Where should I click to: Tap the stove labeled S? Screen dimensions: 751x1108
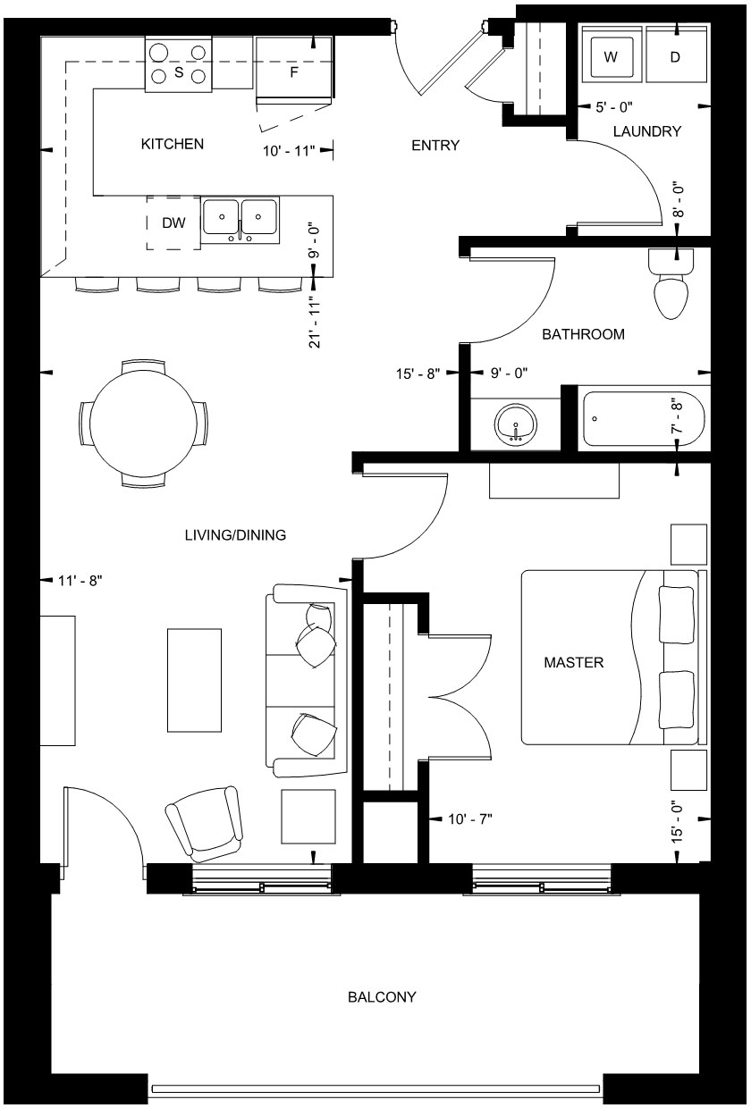[179, 63]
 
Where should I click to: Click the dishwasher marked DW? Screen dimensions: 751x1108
[173, 222]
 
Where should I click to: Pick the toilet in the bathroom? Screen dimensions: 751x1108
[671, 283]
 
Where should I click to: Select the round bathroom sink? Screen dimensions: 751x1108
[515, 424]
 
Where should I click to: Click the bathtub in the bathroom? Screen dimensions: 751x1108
[643, 418]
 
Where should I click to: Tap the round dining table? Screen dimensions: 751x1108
[143, 424]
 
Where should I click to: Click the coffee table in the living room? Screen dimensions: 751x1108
[194, 680]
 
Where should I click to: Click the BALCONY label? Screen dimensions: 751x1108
[382, 996]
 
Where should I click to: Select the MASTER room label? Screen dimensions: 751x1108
[574, 662]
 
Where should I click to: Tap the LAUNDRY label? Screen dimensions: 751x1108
[647, 131]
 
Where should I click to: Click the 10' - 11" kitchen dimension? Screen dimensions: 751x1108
[289, 150]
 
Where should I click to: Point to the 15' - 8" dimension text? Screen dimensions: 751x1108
[418, 374]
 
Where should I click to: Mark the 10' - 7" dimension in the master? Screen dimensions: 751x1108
[469, 819]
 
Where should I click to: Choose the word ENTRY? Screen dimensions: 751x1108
[435, 145]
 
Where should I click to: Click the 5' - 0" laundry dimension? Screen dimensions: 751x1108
[614, 107]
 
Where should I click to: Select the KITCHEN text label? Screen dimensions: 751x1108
[173, 144]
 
